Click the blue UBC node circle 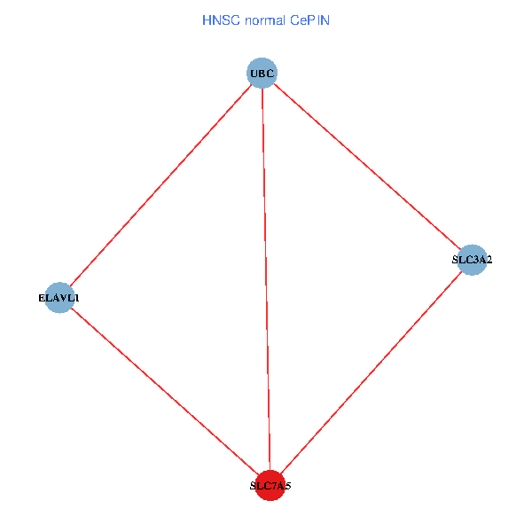coord(262,73)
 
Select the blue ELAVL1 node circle coord(59,298)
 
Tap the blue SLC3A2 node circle coord(472,260)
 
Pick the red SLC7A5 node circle coord(270,485)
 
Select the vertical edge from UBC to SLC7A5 coord(266,279)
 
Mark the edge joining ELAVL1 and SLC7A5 coord(164,391)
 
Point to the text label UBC coord(262,73)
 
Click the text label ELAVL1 coord(59,298)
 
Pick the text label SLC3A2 coord(472,260)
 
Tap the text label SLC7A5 coord(270,486)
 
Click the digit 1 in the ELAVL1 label coord(76,298)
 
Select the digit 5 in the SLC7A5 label coord(287,486)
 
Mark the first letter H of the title coord(207,20)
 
